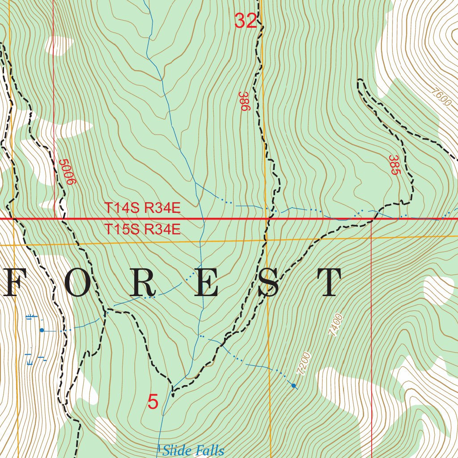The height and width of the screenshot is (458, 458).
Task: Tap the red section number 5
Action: [x=153, y=402]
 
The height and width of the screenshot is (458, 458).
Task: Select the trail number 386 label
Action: [x=243, y=102]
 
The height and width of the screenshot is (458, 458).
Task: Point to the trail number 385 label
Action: [x=394, y=165]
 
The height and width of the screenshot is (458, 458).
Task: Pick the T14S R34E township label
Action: [x=142, y=208]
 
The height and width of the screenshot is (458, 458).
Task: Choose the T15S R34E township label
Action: [x=142, y=230]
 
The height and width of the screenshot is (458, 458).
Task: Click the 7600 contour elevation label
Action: [x=441, y=97]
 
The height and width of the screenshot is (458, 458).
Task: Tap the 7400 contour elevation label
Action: [x=335, y=325]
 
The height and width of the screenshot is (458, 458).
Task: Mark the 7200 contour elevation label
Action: [x=303, y=363]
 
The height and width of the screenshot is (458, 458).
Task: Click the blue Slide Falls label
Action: [x=193, y=450]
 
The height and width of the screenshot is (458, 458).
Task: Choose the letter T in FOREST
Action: [x=329, y=283]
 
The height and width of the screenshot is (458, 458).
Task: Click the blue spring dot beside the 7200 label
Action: [x=293, y=386]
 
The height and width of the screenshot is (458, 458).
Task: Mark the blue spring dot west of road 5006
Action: [x=42, y=330]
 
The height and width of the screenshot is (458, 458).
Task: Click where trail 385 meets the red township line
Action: [x=374, y=219]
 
